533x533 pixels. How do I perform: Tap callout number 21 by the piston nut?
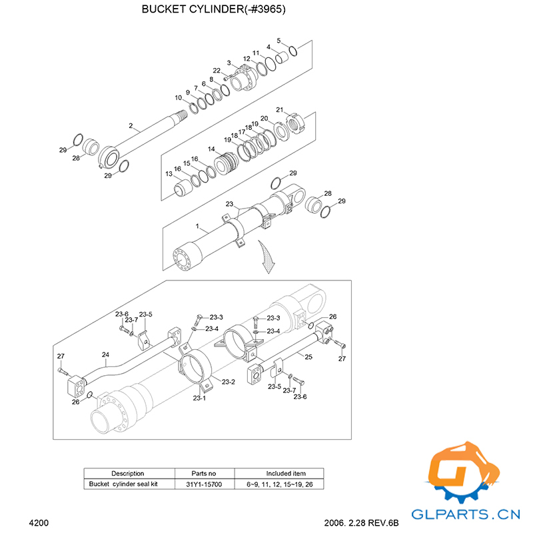280,110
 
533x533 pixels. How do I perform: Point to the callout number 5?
278,41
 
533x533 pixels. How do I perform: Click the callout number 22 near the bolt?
217,71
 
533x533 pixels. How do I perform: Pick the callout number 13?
169,175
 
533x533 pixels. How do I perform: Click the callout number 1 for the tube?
197,227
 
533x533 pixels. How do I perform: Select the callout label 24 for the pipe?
105,354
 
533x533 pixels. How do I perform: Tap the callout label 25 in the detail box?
308,358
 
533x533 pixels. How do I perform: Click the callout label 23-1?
199,398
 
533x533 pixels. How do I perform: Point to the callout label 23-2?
228,382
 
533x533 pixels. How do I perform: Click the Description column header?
128,473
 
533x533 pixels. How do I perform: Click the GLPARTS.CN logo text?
466,514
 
